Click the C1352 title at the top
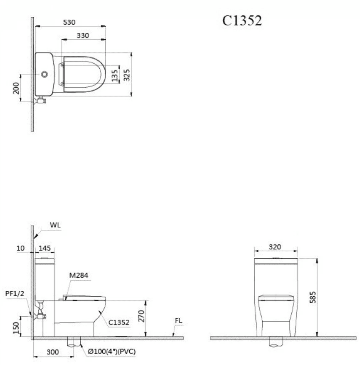(242, 20)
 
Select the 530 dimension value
(69, 22)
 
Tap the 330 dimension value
(83, 36)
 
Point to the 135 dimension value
(115, 75)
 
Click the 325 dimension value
(126, 75)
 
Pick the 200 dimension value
(16, 88)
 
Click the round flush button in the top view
(44, 74)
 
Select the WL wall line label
(55, 225)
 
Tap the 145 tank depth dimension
(44, 248)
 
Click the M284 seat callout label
(79, 275)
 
